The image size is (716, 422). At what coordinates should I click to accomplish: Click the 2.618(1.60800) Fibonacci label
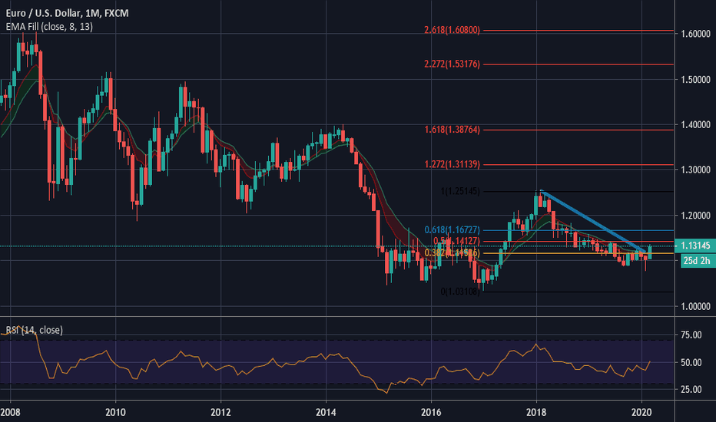pyautogui.click(x=452, y=31)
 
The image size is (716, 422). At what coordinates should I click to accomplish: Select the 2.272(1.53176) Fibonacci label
pyautogui.click(x=452, y=64)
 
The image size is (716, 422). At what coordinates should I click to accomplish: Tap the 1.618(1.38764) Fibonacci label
pyautogui.click(x=452, y=130)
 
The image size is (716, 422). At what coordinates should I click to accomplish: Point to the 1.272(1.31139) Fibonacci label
pyautogui.click(x=452, y=165)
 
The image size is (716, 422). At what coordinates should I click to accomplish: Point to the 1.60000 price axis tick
pyautogui.click(x=694, y=34)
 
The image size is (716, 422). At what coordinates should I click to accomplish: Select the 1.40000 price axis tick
pyautogui.click(x=694, y=124)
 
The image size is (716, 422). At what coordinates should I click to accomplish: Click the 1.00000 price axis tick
pyautogui.click(x=694, y=306)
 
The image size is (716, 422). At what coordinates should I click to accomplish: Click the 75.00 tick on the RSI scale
pyautogui.click(x=690, y=335)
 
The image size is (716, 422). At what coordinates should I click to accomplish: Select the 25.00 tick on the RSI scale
pyautogui.click(x=690, y=389)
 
